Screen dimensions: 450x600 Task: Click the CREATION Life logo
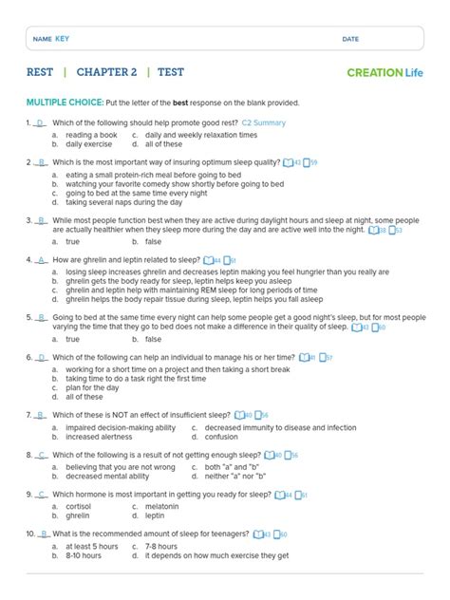[x=385, y=72]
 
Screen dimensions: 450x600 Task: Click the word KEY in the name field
[x=63, y=38]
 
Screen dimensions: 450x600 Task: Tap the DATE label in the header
[x=350, y=39]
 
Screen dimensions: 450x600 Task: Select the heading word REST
[x=40, y=72]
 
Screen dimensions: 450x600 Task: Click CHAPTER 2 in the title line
[x=107, y=72]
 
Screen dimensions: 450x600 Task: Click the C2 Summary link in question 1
[x=264, y=123]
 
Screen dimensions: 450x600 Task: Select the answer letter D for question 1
[x=41, y=123]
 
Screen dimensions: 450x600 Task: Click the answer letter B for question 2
[x=41, y=162]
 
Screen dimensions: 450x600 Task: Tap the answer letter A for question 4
[x=41, y=259]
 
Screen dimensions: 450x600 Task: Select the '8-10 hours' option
[x=84, y=555]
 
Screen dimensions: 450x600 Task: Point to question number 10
[x=30, y=534]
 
